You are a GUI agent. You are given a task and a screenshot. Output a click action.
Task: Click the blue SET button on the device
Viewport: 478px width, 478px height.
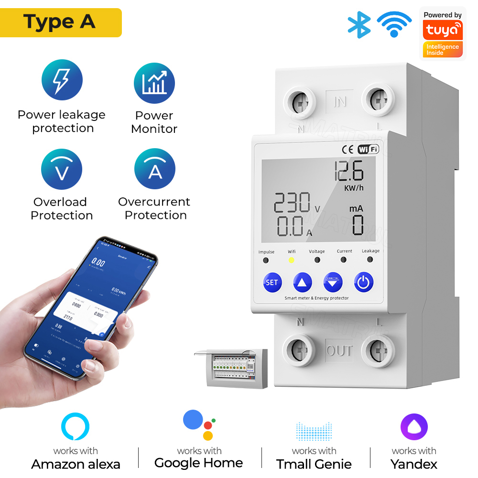(x=272, y=282)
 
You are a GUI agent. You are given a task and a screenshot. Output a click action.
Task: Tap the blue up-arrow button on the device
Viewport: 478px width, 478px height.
(x=303, y=282)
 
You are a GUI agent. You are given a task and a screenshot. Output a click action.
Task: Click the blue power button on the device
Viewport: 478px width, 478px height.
(x=364, y=282)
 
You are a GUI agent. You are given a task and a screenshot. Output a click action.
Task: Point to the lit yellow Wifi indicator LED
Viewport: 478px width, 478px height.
(x=291, y=261)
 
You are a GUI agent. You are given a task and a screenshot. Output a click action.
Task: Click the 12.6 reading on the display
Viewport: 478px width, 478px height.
(x=348, y=170)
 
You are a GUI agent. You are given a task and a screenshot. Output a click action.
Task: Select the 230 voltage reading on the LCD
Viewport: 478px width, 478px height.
(x=292, y=203)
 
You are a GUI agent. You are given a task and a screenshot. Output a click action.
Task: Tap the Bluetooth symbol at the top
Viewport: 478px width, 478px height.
(x=359, y=24)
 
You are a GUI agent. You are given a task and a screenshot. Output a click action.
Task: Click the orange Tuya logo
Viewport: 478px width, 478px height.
(x=442, y=31)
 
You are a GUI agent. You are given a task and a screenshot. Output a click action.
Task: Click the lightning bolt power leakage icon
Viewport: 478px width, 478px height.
(x=62, y=80)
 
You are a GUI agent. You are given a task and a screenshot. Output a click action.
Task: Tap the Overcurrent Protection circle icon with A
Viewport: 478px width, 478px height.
(x=155, y=169)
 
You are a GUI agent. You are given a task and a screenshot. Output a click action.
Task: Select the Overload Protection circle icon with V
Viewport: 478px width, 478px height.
(x=62, y=169)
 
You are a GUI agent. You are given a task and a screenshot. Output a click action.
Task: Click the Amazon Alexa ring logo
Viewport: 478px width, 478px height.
(x=76, y=427)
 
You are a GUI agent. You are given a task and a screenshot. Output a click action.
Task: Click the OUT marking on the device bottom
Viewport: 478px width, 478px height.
(x=339, y=351)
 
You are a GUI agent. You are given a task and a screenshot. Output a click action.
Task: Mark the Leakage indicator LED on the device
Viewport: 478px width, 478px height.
(x=370, y=260)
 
